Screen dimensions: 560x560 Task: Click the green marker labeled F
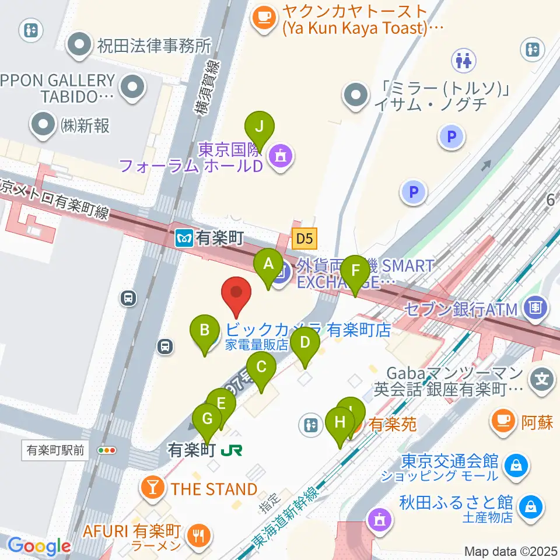pos(356,272)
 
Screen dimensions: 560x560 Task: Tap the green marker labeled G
pos(207,420)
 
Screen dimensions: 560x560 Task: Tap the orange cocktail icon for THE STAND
pos(153,489)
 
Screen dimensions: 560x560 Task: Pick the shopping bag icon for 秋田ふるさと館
pos(530,502)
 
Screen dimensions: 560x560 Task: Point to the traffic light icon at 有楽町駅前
pos(107,450)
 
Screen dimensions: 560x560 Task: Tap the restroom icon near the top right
pos(467,60)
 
